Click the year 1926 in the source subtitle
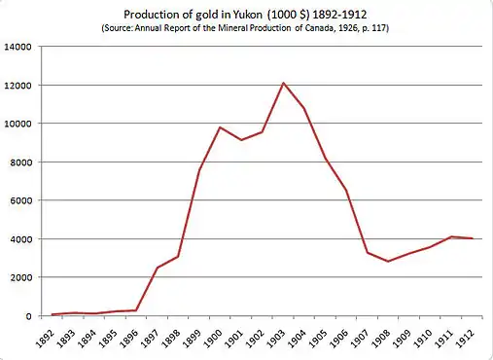pyautogui.click(x=349, y=28)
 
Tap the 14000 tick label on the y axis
pyautogui.click(x=18, y=47)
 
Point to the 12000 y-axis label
pyautogui.click(x=18, y=86)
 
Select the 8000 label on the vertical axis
pyautogui.click(x=20, y=162)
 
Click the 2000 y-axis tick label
pyautogui.click(x=20, y=277)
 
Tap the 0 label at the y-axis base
pyautogui.click(x=28, y=316)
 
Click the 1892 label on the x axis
pyautogui.click(x=44, y=339)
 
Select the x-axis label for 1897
pyautogui.click(x=149, y=339)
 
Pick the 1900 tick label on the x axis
pyautogui.click(x=212, y=339)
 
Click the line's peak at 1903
pyautogui.click(x=283, y=83)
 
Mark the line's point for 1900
pyautogui.click(x=220, y=127)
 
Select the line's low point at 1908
pyautogui.click(x=388, y=262)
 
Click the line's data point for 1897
pyautogui.click(x=158, y=268)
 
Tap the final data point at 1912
pyautogui.click(x=472, y=238)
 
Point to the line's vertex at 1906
pyautogui.click(x=346, y=190)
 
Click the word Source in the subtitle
pyautogui.click(x=118, y=28)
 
